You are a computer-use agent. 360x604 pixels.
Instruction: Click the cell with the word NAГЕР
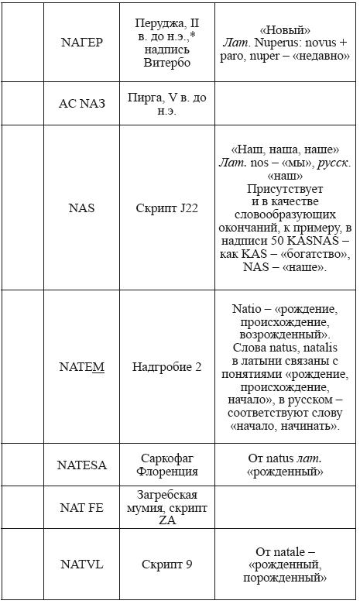click(x=82, y=43)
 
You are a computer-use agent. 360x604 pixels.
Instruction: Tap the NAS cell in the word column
click(x=82, y=208)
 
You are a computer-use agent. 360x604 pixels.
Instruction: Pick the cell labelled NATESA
click(x=82, y=465)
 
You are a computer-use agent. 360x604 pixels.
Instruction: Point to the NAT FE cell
click(x=82, y=507)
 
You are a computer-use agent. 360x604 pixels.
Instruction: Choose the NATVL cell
click(x=82, y=565)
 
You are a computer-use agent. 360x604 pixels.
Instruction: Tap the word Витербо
click(x=167, y=63)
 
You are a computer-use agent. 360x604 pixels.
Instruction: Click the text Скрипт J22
click(x=167, y=208)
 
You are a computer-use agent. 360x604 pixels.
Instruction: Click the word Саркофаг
click(x=167, y=458)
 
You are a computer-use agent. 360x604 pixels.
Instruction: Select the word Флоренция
click(x=167, y=471)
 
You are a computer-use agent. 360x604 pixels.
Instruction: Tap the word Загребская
click(x=167, y=495)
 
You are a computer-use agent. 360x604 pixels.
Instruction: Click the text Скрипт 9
click(x=167, y=565)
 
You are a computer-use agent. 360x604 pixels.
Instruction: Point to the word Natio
click(x=249, y=308)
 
